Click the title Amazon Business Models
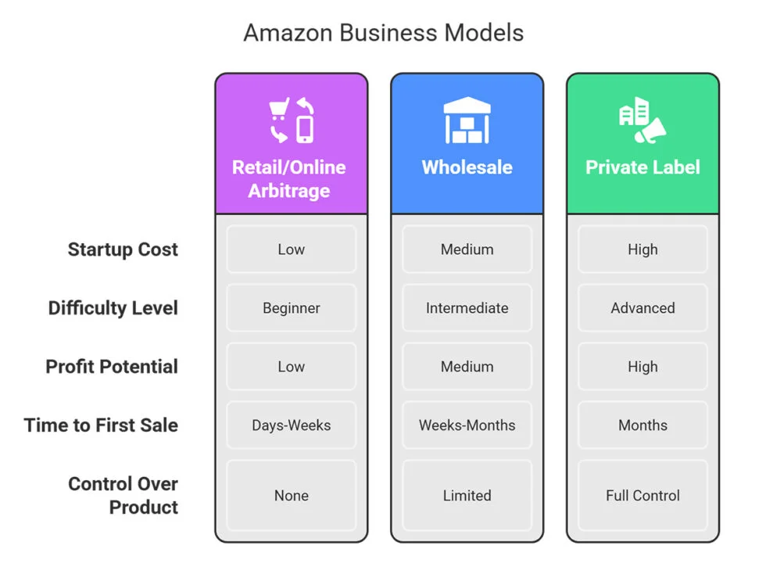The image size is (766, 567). pyautogui.click(x=383, y=33)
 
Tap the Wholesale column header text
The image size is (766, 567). pyautogui.click(x=467, y=167)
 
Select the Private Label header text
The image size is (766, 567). pyautogui.click(x=643, y=167)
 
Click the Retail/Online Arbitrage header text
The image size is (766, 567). pyautogui.click(x=289, y=179)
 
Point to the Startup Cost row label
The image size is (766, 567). pyautogui.click(x=123, y=249)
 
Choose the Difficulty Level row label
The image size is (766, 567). pyautogui.click(x=113, y=308)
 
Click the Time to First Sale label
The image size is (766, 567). pyautogui.click(x=101, y=425)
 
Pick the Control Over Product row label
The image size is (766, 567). pyautogui.click(x=123, y=495)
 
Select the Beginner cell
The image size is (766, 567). pyautogui.click(x=291, y=308)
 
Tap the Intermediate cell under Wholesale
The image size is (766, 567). pyautogui.click(x=467, y=308)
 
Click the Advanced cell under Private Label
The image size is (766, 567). pyautogui.click(x=643, y=308)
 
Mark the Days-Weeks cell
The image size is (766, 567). pyautogui.click(x=291, y=425)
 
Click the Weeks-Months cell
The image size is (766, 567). pyautogui.click(x=467, y=425)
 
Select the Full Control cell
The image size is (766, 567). pyautogui.click(x=643, y=495)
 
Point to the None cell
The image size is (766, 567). pyautogui.click(x=291, y=495)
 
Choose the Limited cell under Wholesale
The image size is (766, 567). pyautogui.click(x=467, y=495)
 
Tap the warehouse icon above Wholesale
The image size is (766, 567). pyautogui.click(x=467, y=120)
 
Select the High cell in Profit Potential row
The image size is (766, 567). pyautogui.click(x=643, y=367)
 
